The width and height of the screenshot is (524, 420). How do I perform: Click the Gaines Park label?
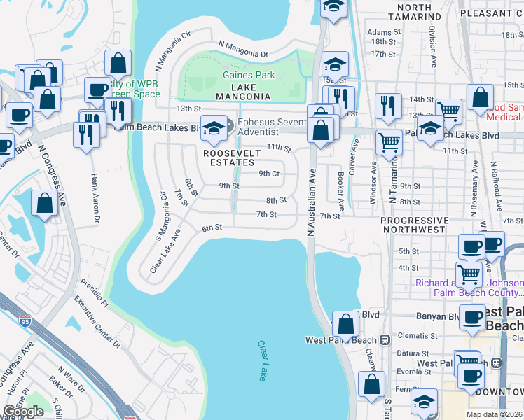(x=249, y=75)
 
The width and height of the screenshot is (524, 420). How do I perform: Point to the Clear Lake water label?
(x=262, y=361)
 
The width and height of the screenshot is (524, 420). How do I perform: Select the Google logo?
(x=23, y=412)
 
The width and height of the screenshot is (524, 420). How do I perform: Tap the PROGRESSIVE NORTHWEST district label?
(x=413, y=225)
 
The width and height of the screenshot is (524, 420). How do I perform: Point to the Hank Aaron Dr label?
(x=94, y=198)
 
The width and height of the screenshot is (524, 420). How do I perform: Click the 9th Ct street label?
(x=269, y=174)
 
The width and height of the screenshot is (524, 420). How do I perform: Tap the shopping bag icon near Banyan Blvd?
(x=345, y=324)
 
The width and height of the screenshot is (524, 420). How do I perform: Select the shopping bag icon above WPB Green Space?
(x=118, y=64)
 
